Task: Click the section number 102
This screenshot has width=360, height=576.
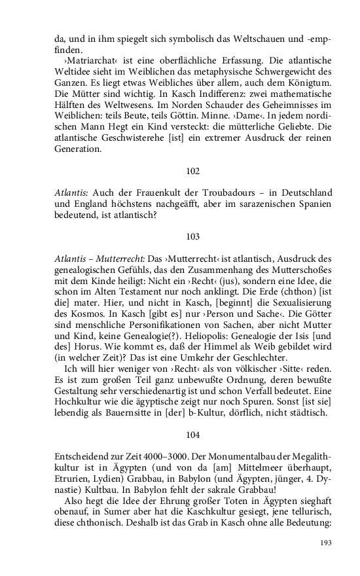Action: point(192,171)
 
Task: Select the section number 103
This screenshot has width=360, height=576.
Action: point(192,236)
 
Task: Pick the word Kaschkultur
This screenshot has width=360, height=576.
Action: point(220,519)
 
